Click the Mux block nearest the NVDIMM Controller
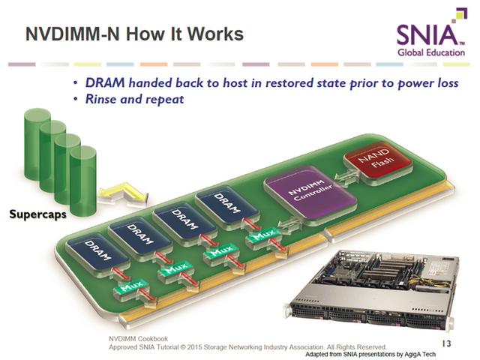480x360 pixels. [263, 235]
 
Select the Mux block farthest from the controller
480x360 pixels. [131, 288]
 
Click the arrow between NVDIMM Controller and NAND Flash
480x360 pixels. [346, 177]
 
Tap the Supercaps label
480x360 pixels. [37, 214]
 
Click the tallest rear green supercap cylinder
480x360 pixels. [37, 144]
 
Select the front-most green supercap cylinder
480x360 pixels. [83, 181]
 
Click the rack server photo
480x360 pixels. [371, 290]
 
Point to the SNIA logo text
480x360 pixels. [427, 35]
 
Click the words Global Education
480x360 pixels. [431, 52]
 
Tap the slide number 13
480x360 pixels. [447, 343]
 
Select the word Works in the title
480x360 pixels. [215, 34]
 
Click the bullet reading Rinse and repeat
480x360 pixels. [134, 99]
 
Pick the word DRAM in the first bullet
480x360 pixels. [105, 83]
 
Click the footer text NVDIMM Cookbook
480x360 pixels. [138, 338]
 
